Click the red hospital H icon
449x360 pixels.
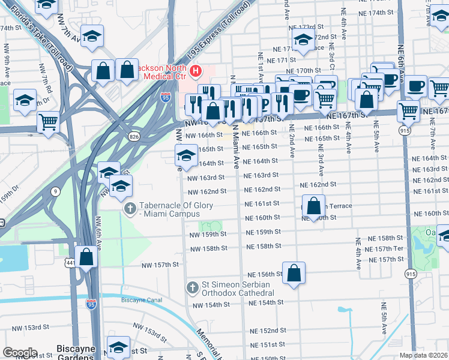pos(195,72)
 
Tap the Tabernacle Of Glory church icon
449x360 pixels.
pos(128,209)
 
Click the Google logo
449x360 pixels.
pos(20,353)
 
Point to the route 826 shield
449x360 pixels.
pos(134,137)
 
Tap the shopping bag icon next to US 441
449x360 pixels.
pos(86,258)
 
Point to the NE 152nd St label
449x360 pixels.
pos(268,331)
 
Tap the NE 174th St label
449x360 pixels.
pos(375,12)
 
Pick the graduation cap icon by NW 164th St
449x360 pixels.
pos(186,156)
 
